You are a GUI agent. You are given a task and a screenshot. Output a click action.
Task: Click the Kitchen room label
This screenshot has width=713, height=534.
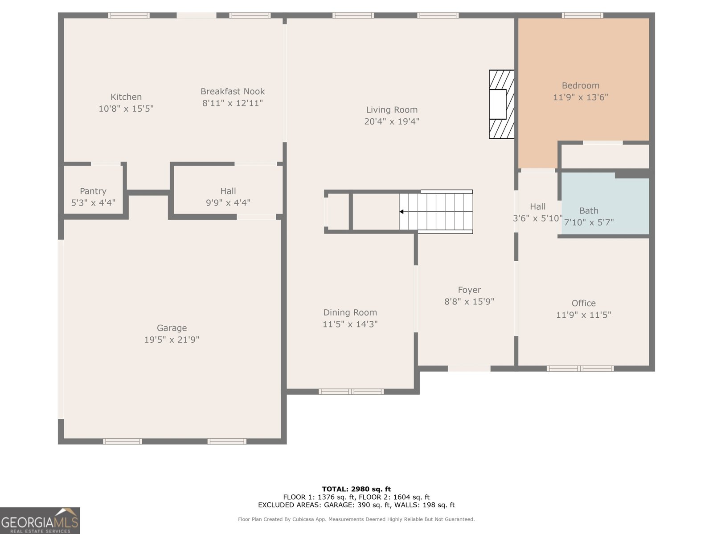point(126,97)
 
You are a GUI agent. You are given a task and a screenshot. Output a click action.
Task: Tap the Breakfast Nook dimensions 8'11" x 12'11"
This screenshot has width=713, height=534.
point(233,103)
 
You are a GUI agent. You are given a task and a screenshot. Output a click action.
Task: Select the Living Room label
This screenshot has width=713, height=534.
point(392,110)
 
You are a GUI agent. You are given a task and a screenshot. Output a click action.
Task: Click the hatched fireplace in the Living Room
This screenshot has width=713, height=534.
point(502,104)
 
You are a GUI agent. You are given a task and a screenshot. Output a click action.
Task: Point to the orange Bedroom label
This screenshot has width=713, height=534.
point(580,86)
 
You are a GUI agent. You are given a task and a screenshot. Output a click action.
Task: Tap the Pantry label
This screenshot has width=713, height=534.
point(93,191)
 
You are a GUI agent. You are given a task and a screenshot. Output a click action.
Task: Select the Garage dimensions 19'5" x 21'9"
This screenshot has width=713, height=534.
point(172,340)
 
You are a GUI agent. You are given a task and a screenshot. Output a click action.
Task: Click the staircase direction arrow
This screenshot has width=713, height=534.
point(402,212)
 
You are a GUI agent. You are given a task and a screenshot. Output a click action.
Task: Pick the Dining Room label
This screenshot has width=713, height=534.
point(350,313)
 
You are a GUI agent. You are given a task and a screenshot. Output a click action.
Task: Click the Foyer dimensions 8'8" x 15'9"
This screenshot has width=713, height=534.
point(469,302)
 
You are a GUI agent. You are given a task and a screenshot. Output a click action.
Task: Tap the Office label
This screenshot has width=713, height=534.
point(583,303)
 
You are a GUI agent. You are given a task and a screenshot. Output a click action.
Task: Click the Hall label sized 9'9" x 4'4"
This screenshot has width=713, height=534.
point(228,191)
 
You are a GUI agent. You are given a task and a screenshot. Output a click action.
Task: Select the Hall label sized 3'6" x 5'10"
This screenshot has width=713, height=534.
point(537,207)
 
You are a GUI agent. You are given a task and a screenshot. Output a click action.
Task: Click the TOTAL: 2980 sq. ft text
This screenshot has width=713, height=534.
point(356,489)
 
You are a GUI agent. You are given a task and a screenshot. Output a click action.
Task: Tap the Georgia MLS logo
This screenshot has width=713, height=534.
point(40,521)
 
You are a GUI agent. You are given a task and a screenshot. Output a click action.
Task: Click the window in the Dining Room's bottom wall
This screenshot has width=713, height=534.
point(351,392)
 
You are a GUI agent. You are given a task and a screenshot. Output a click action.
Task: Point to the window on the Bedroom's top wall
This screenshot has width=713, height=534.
point(582,16)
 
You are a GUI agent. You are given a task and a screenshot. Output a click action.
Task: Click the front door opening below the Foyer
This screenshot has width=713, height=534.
point(469,368)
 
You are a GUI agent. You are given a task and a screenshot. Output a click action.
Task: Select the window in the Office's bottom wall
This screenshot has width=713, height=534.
point(580,368)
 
